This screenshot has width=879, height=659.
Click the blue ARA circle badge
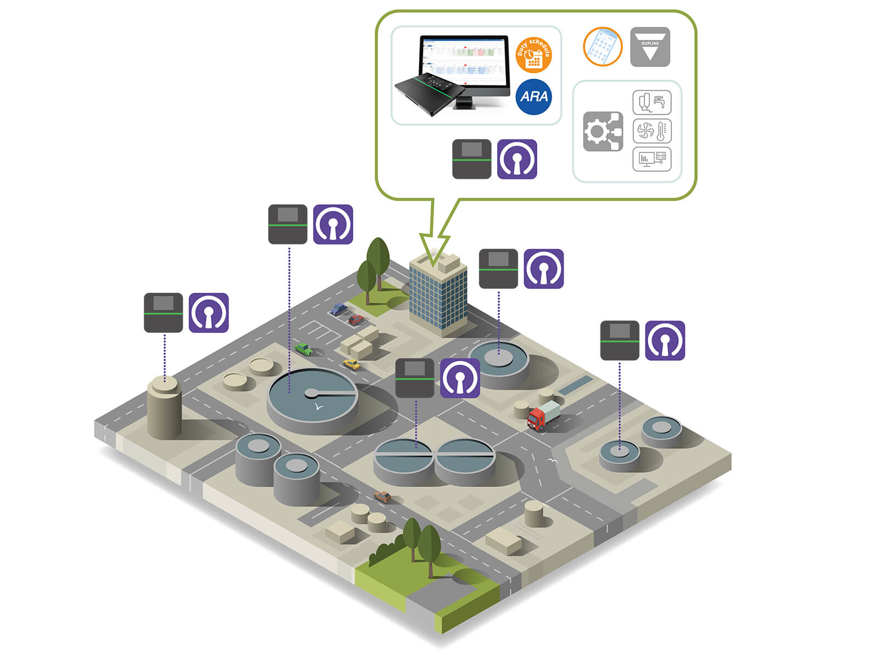point(533,97)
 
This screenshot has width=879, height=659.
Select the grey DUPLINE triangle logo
point(650,47)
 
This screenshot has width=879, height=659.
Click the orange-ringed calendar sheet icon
point(603,47)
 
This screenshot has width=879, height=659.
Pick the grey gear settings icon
point(602,132)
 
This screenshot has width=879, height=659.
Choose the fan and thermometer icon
point(652,131)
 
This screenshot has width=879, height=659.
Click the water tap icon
point(652,103)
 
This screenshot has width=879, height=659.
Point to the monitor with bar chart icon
point(652,159)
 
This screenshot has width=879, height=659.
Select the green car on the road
point(303,349)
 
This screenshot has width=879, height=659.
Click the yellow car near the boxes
point(351,364)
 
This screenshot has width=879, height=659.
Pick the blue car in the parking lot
point(338,309)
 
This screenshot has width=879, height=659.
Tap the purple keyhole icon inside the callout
point(517,159)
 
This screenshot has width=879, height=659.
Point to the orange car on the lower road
point(382,498)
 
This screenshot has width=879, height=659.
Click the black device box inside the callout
point(471,159)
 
